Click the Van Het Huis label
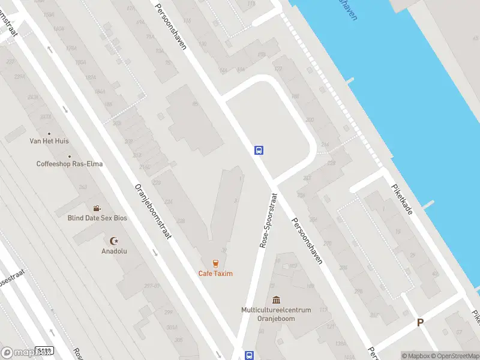point(49,141)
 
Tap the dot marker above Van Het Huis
point(49,134)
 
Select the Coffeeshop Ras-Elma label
point(69,164)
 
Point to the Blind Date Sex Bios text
point(97,218)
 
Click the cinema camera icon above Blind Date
point(97,208)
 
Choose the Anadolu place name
point(114,251)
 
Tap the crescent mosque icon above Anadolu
point(114,241)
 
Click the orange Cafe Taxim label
point(215,274)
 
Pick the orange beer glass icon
point(215,263)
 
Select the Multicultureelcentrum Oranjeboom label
point(276,314)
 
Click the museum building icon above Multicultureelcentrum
point(276,300)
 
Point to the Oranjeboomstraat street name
point(154,211)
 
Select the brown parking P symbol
point(421,323)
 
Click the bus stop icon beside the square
point(259,150)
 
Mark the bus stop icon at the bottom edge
point(249,355)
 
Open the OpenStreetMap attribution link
point(452,356)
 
